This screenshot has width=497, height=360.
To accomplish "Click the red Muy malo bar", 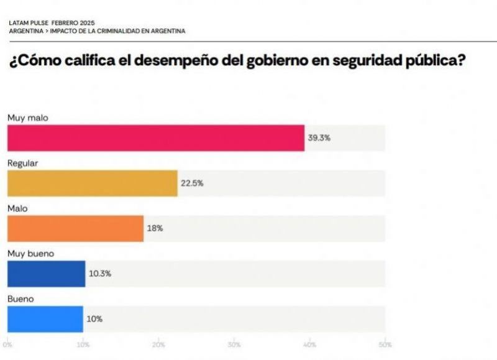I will tap(155, 138).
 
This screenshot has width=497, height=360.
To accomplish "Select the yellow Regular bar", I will tap(92, 183).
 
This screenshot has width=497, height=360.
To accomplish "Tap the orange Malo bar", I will tap(75, 228).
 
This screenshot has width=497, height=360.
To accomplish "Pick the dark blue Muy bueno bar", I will tap(46, 274).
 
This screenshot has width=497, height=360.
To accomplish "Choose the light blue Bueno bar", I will tap(45, 319).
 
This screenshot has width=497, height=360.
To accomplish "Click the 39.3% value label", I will tap(319, 138).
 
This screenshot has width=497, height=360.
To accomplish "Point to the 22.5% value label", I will tap(192, 183).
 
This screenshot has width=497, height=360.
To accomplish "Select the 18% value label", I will tap(155, 228).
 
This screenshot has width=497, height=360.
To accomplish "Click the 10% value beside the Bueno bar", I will tap(94, 319).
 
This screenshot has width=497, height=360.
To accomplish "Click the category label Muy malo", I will tap(27, 118).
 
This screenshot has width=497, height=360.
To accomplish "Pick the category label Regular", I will tap(23, 163).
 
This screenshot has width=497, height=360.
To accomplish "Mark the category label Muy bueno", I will tap(30, 253).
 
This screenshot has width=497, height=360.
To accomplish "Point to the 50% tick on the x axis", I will tap(385, 344).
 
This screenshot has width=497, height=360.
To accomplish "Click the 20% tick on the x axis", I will tap(159, 344).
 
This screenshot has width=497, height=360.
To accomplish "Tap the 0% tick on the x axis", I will tap(8, 344).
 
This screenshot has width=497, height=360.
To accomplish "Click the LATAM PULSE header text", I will tap(30, 23).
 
